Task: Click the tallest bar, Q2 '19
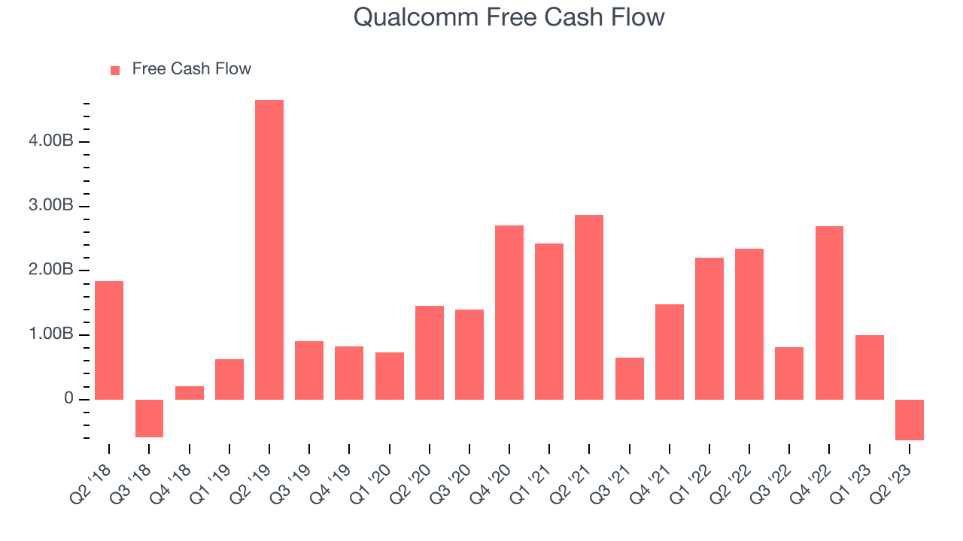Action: click(269, 249)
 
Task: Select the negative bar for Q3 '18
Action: click(149, 419)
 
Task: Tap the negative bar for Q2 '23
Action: click(910, 420)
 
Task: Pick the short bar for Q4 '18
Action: click(190, 393)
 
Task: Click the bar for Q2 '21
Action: click(589, 307)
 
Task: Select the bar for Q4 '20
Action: click(509, 312)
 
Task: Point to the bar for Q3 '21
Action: click(630, 378)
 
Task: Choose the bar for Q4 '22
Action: click(829, 313)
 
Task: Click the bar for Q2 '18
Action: click(109, 340)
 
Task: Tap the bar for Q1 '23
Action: click(869, 367)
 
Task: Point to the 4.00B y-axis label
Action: click(50, 141)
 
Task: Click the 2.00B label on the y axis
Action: click(50, 270)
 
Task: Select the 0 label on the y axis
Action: click(68, 398)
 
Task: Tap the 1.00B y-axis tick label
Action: click(50, 334)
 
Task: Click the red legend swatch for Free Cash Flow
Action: click(115, 71)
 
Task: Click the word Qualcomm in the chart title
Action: click(416, 17)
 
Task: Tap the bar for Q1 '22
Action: click(709, 328)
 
